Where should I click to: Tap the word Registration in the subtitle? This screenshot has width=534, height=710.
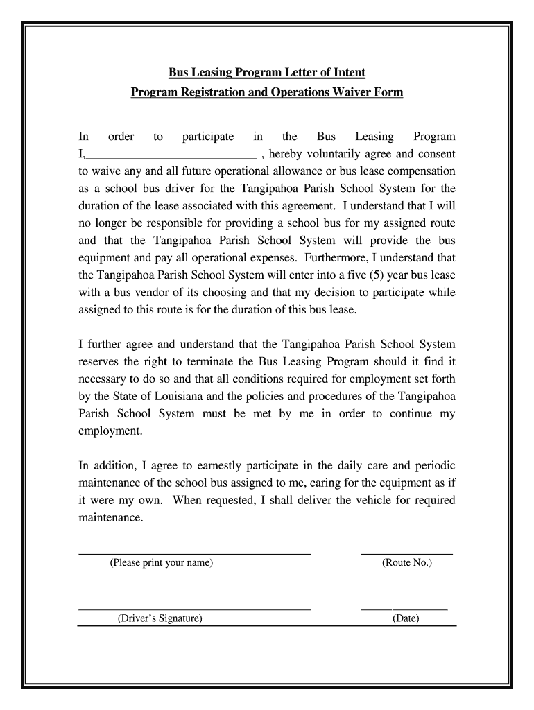207,92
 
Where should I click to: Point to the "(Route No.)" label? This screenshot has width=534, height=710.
406,563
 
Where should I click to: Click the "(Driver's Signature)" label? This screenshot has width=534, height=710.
160,618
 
